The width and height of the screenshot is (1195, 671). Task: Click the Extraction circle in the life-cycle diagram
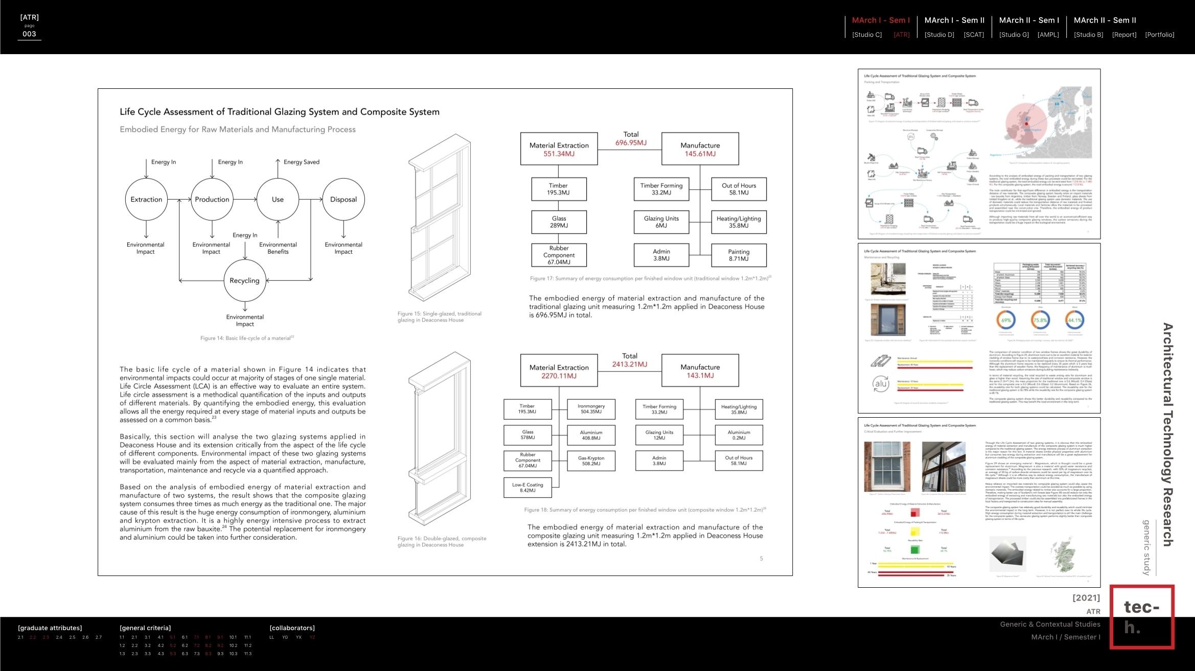(146, 200)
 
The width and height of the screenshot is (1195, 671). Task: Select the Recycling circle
(245, 280)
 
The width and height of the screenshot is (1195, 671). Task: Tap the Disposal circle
(343, 200)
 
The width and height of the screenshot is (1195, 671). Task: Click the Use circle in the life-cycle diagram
(278, 200)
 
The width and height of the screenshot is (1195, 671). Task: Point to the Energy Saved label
(302, 162)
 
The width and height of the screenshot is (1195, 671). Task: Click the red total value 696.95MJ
(631, 143)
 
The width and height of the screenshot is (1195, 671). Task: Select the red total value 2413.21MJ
(630, 365)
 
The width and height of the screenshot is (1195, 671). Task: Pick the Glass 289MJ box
(559, 222)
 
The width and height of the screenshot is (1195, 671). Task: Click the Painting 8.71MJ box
(739, 255)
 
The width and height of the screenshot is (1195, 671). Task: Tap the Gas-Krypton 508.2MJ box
(591, 461)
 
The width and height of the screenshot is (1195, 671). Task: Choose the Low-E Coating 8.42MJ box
(527, 488)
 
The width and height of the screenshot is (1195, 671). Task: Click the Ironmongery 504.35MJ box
(591, 409)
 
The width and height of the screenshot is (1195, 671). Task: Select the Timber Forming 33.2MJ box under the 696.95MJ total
(661, 189)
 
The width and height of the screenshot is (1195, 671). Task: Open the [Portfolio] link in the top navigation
(1159, 35)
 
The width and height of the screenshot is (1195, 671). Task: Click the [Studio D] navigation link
(939, 35)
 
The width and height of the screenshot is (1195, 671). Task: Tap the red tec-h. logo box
(1142, 617)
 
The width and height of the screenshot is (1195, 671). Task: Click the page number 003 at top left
(29, 34)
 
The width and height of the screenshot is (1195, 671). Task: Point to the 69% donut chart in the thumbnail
(1006, 321)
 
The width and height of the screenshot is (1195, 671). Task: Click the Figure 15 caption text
(439, 317)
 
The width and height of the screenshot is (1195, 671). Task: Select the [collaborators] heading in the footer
(292, 628)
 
